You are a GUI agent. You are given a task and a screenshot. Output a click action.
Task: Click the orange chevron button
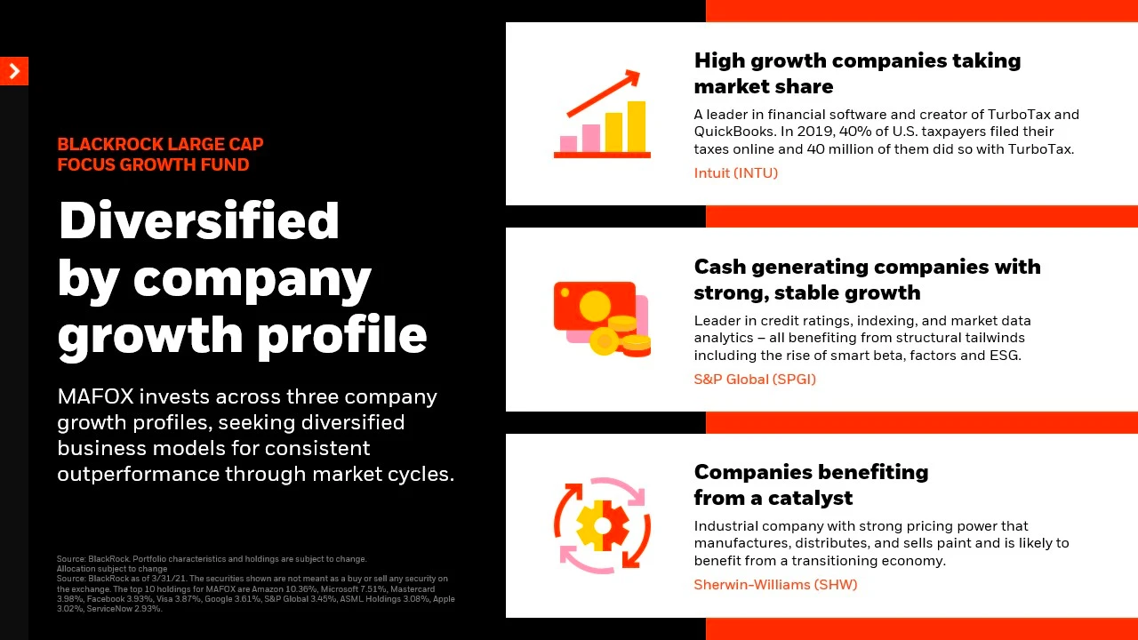14,71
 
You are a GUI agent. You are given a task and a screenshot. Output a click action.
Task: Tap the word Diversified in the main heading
199,220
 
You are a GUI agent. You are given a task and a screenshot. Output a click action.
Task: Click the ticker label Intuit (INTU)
735,173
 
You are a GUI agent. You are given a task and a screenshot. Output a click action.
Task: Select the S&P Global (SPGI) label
755,380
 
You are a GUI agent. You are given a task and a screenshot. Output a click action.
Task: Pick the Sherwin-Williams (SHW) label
775,585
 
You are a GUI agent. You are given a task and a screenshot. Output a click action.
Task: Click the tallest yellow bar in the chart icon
637,126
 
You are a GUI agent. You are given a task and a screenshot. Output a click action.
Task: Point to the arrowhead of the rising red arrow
633,77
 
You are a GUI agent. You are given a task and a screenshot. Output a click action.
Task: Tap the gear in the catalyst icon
603,525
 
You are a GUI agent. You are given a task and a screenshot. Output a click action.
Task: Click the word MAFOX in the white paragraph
95,396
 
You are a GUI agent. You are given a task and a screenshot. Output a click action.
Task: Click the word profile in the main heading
343,335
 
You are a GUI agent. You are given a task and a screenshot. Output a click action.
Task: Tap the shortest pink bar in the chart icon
568,144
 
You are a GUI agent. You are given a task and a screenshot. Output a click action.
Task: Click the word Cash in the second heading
720,268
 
